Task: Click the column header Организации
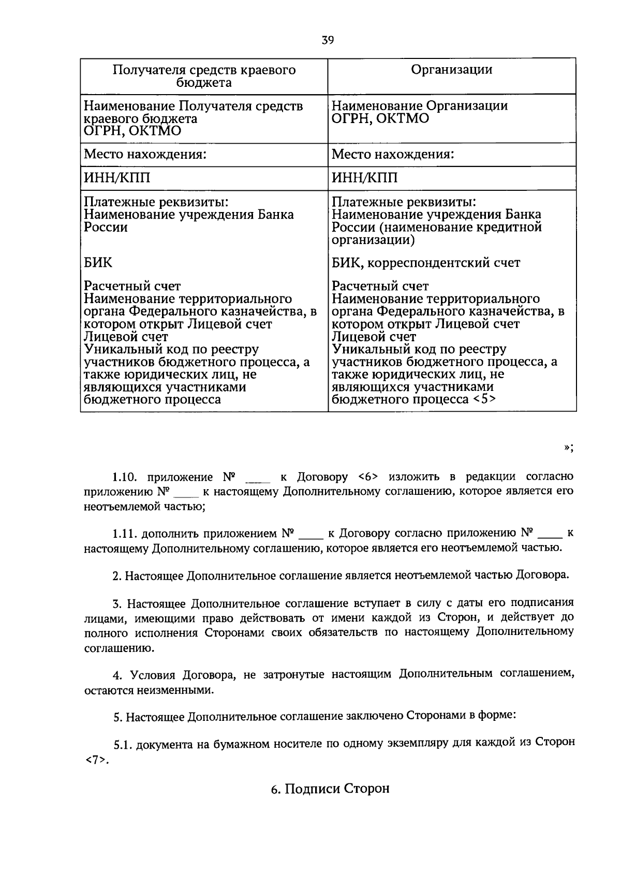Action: [x=451, y=70]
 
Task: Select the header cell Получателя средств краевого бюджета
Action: [x=204, y=76]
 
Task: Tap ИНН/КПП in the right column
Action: [x=365, y=178]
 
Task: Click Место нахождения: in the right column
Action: [x=393, y=155]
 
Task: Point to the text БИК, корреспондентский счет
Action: [x=425, y=263]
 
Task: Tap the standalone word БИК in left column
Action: [x=98, y=263]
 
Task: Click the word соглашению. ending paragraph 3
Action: [x=110, y=648]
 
